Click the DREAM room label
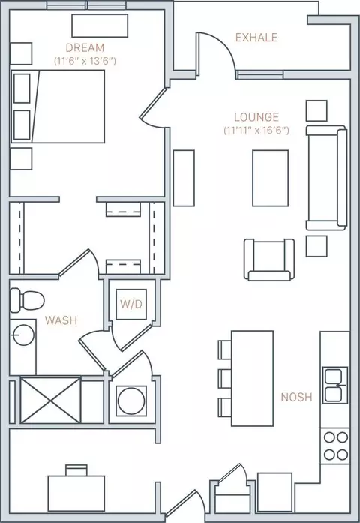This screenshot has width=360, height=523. tap(85, 48)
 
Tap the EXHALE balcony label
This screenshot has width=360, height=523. tap(256, 37)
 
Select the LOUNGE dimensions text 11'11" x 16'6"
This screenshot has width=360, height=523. tap(256, 130)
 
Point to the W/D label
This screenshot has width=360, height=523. tap(131, 304)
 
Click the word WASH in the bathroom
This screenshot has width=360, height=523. tap(61, 320)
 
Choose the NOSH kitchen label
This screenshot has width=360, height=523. tap(296, 397)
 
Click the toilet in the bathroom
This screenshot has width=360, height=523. tap(27, 300)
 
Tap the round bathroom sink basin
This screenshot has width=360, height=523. tap(23, 335)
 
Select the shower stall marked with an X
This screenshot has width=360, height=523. tap(50, 400)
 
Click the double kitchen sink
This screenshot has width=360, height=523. tap(335, 385)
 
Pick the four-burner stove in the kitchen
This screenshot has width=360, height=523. tap(335, 446)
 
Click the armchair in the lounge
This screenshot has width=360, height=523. tap(269, 260)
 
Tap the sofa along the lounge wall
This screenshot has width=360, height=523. tap(327, 178)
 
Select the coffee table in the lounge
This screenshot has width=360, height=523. tap(270, 178)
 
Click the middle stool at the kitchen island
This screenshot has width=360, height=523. tap(225, 379)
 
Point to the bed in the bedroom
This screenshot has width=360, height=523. tap(58, 107)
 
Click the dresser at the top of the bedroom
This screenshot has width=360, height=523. tap(100, 26)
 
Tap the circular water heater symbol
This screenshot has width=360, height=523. tap(131, 401)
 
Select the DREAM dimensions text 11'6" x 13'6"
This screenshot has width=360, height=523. tap(85, 61)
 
